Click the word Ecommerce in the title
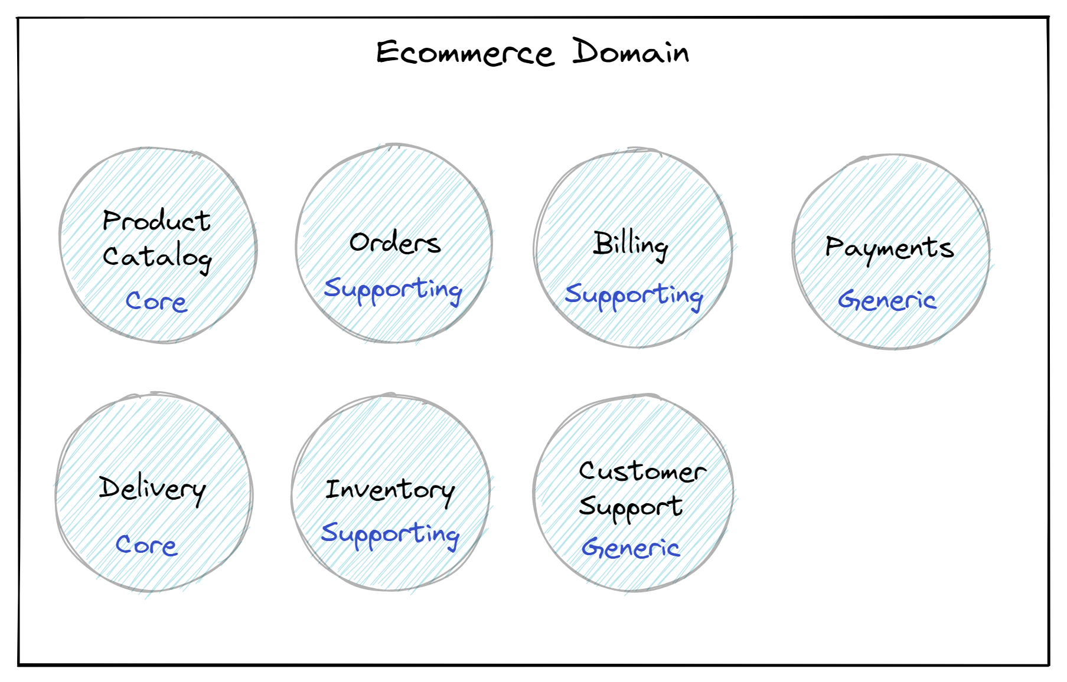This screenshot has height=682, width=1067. click(x=465, y=53)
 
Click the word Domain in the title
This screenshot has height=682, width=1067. click(x=630, y=52)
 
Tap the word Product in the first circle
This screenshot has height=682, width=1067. click(x=156, y=221)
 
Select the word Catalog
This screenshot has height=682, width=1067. click(x=157, y=257)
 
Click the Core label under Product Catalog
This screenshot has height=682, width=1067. click(x=156, y=301)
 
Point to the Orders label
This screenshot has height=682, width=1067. click(x=394, y=242)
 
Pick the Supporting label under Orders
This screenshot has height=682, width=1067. click(x=393, y=290)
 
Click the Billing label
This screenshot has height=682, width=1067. click(x=631, y=244)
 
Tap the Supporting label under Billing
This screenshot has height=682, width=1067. click(x=634, y=295)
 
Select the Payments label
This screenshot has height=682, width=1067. click(x=889, y=248)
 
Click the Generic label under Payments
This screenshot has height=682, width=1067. click(x=887, y=300)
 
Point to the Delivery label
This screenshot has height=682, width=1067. click(x=152, y=488)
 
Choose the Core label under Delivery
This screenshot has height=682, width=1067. click(x=146, y=545)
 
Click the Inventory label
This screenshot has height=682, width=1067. click(x=390, y=490)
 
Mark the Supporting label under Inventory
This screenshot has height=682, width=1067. click(x=390, y=535)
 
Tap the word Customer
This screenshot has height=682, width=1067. click(x=642, y=471)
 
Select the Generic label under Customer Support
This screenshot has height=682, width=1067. click(x=631, y=548)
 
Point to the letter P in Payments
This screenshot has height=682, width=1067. click(x=834, y=245)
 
